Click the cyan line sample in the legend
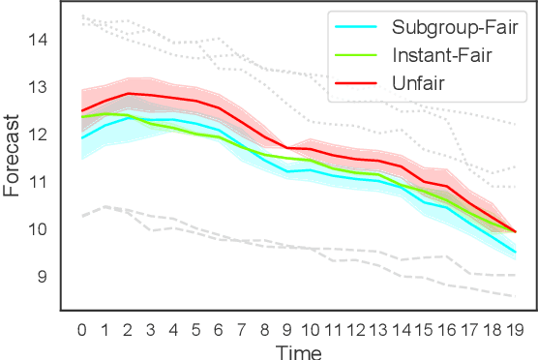point(355,25)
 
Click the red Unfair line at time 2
point(128,94)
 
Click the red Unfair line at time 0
point(81,110)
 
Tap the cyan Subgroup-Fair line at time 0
point(81,137)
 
